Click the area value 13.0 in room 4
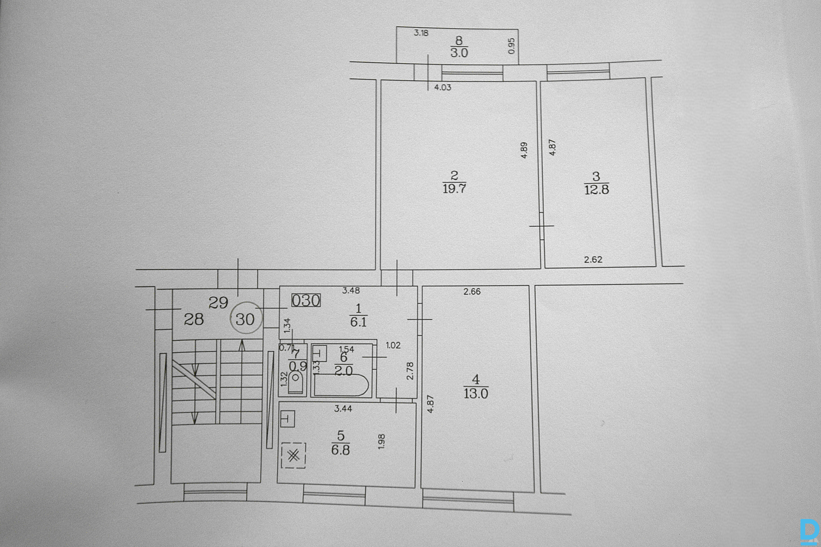(x=476, y=394)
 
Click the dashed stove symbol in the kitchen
(x=294, y=455)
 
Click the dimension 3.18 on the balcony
(x=421, y=33)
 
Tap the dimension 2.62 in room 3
(x=593, y=259)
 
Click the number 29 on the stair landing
(x=218, y=303)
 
